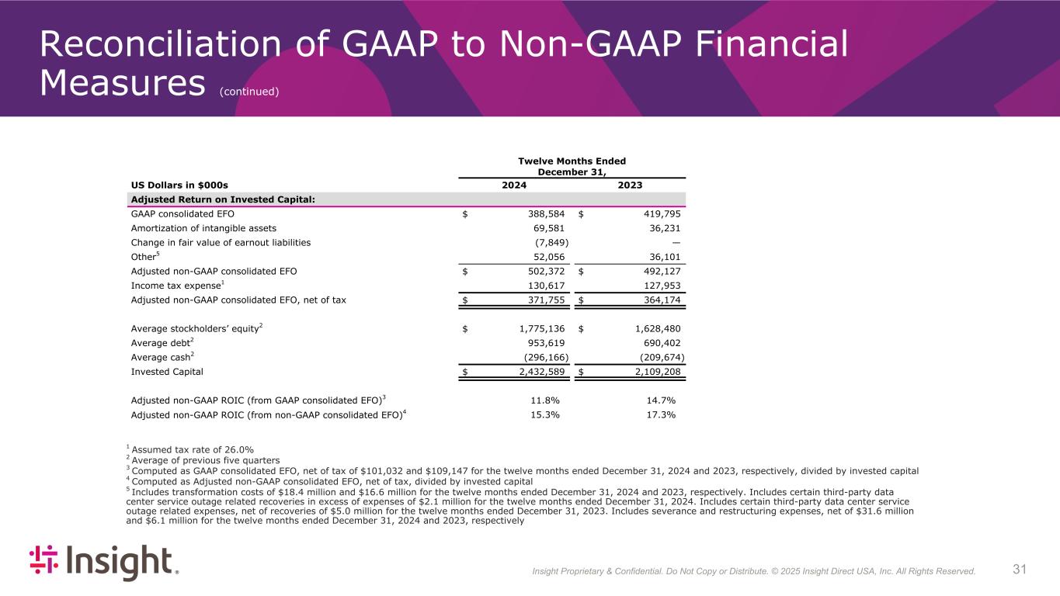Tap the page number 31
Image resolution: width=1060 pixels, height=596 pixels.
coord(1020,570)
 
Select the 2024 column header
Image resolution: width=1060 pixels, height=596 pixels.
coord(514,185)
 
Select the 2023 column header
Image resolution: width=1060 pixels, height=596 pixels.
coord(630,185)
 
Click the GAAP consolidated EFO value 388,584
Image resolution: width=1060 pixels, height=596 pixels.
coord(541,213)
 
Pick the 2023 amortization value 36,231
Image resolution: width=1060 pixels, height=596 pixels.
coord(659,228)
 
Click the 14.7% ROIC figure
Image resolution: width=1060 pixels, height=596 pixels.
coord(660,400)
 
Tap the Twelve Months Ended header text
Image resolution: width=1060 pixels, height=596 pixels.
coord(572,161)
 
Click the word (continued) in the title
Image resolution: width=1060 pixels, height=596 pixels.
coord(248,92)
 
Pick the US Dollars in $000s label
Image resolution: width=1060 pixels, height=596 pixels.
coord(179,185)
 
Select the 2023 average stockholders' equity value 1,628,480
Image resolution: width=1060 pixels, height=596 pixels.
coord(653,328)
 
